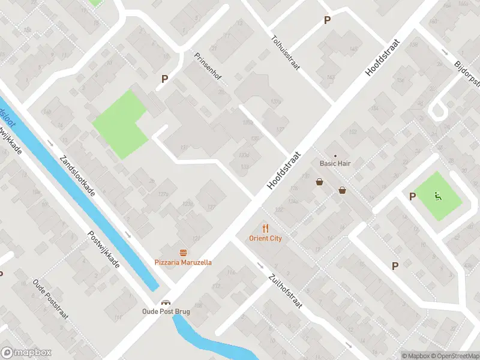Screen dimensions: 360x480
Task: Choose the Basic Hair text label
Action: pos(335,163)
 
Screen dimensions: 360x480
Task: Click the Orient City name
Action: pos(265,238)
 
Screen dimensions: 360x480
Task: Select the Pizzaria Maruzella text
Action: pos(183,262)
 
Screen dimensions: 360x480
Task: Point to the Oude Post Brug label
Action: pos(166,311)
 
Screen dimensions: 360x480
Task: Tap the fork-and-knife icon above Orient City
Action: pos(266,228)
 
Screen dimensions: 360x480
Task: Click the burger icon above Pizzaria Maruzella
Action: pos(183,253)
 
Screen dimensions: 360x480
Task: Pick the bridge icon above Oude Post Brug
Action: pos(166,302)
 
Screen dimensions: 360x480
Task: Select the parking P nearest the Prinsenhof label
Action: pos(164,79)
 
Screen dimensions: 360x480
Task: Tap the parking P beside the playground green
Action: pos(413,196)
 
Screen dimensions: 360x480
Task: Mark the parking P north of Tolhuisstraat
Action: pos(327,20)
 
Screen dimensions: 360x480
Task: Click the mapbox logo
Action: pos(26,353)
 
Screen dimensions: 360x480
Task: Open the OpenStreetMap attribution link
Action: pos(455,356)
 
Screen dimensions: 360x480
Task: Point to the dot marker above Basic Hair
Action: pos(335,155)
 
